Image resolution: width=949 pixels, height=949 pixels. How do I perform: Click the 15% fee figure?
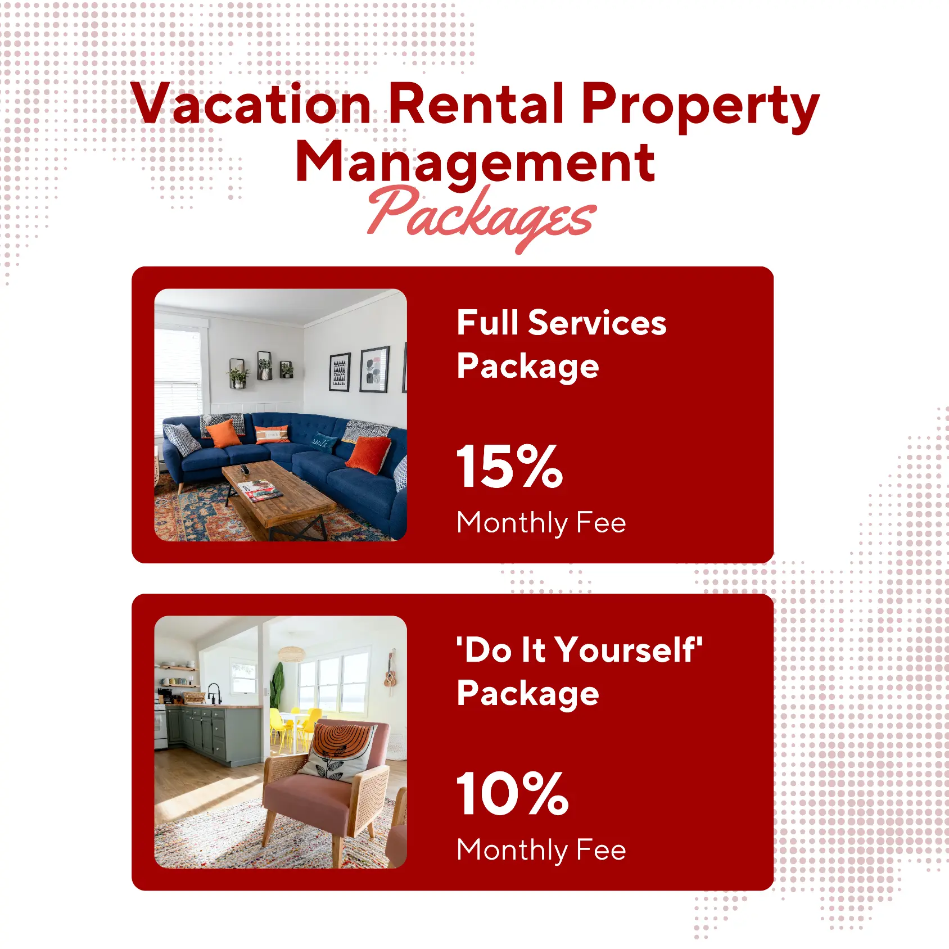[x=509, y=466]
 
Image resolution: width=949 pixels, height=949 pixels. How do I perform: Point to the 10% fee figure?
[x=512, y=793]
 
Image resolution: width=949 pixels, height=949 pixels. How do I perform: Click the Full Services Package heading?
[x=561, y=344]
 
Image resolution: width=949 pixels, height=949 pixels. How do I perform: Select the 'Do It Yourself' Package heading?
[x=579, y=671]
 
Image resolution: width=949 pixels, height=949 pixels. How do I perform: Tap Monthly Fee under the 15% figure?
[x=541, y=523]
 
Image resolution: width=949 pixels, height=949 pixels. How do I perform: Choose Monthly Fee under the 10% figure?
[x=541, y=850]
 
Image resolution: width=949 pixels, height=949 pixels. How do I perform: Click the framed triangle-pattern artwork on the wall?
[x=340, y=372]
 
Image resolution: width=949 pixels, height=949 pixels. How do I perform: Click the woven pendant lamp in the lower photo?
[x=291, y=654]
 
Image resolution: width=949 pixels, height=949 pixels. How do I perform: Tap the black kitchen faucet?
[x=214, y=692]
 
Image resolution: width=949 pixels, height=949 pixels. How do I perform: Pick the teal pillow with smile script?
[x=323, y=443]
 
